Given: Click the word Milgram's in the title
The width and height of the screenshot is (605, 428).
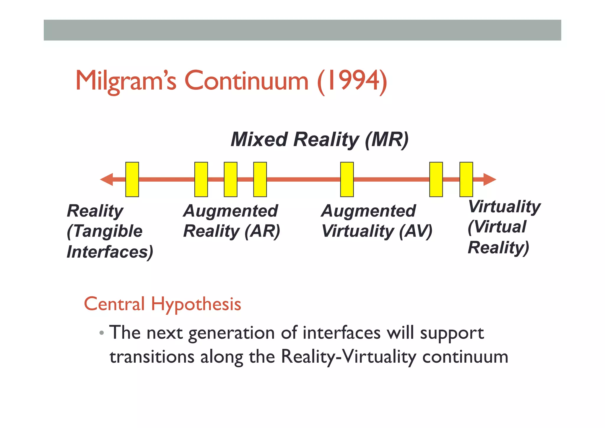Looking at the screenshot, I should (126, 81).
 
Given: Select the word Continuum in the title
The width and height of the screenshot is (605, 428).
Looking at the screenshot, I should (246, 81).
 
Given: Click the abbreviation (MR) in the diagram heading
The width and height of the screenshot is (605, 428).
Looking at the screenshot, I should (387, 139).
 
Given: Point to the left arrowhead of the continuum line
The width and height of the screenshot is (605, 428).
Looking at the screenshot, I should (107, 179).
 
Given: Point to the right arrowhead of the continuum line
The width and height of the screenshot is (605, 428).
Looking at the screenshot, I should (489, 179).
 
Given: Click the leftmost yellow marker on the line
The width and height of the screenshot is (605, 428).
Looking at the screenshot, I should (132, 179).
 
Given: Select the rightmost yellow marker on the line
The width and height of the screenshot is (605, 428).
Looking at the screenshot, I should (466, 179).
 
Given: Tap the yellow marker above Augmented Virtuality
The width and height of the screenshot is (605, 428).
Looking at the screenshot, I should (347, 179).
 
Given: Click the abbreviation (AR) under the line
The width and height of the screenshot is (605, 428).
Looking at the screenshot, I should (262, 231).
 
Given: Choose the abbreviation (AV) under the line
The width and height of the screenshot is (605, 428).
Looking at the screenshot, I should (416, 231).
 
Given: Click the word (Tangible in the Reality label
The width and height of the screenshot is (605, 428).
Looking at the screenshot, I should (105, 231).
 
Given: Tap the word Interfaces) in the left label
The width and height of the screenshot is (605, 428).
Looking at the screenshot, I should (110, 252).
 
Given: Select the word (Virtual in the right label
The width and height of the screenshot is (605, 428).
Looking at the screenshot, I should (497, 227).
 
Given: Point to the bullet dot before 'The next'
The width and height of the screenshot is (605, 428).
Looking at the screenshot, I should (102, 333).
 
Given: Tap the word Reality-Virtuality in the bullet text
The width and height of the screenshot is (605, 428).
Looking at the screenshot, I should (348, 357).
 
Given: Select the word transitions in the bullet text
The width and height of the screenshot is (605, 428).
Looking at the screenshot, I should (152, 357).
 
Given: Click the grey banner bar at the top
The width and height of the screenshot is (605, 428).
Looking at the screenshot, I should (302, 30).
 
